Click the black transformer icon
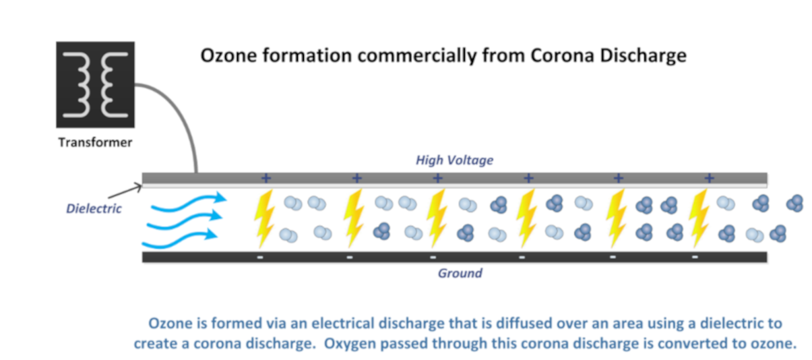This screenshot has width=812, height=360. (95, 84)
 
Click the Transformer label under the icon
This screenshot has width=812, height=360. (95, 142)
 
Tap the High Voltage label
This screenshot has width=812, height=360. (454, 160)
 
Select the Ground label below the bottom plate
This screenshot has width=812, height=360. (460, 273)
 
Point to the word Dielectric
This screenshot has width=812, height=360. (94, 208)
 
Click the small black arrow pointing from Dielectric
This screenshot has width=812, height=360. (125, 191)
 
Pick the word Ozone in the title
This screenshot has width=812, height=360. (229, 55)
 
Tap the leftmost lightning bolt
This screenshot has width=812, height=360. (264, 218)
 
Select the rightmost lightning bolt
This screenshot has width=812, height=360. (699, 218)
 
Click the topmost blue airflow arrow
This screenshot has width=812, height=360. (189, 202)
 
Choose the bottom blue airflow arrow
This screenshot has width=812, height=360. (180, 239)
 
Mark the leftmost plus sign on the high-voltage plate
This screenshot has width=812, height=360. (266, 178)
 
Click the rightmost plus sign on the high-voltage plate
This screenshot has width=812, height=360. (710, 178)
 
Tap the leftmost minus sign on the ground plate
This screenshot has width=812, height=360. (260, 258)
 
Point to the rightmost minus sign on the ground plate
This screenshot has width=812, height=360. (695, 257)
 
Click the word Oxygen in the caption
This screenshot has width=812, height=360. (348, 344)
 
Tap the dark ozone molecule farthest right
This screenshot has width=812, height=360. (794, 203)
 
